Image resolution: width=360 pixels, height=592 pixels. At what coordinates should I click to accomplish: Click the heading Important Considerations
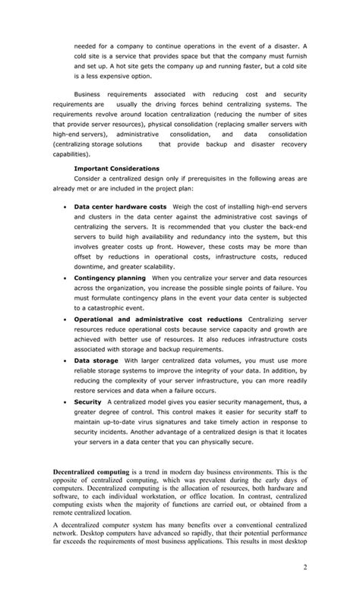[116, 168]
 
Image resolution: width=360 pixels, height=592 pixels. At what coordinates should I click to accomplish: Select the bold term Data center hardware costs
[120, 206]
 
